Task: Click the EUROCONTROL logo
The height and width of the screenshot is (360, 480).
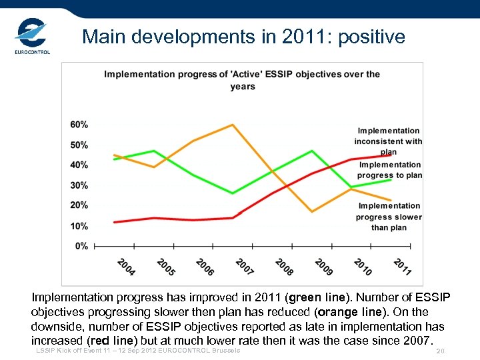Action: [31, 37]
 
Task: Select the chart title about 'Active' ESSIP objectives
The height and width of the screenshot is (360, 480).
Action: [242, 80]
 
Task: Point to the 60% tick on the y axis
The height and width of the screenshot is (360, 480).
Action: [79, 125]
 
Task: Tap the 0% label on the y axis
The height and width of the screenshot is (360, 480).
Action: [81, 246]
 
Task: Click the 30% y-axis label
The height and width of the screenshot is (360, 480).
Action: [79, 185]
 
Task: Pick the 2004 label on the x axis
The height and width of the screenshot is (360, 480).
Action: [127, 267]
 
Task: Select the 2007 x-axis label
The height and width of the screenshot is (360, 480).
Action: [245, 267]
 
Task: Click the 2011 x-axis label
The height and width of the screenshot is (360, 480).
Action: [402, 267]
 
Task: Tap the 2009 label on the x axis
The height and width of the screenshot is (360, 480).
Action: [323, 267]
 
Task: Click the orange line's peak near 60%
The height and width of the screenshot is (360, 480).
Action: [233, 125]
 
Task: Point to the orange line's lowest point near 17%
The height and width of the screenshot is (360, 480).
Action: [312, 211]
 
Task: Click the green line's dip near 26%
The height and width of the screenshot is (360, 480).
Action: [233, 193]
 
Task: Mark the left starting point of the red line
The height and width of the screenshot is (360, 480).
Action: [115, 222]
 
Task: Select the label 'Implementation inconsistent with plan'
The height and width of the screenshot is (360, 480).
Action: [388, 141]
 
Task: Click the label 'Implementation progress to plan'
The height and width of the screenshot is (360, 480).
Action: [390, 170]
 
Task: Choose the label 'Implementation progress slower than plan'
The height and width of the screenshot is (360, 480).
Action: [389, 217]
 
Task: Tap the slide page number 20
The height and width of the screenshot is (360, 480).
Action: [439, 351]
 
